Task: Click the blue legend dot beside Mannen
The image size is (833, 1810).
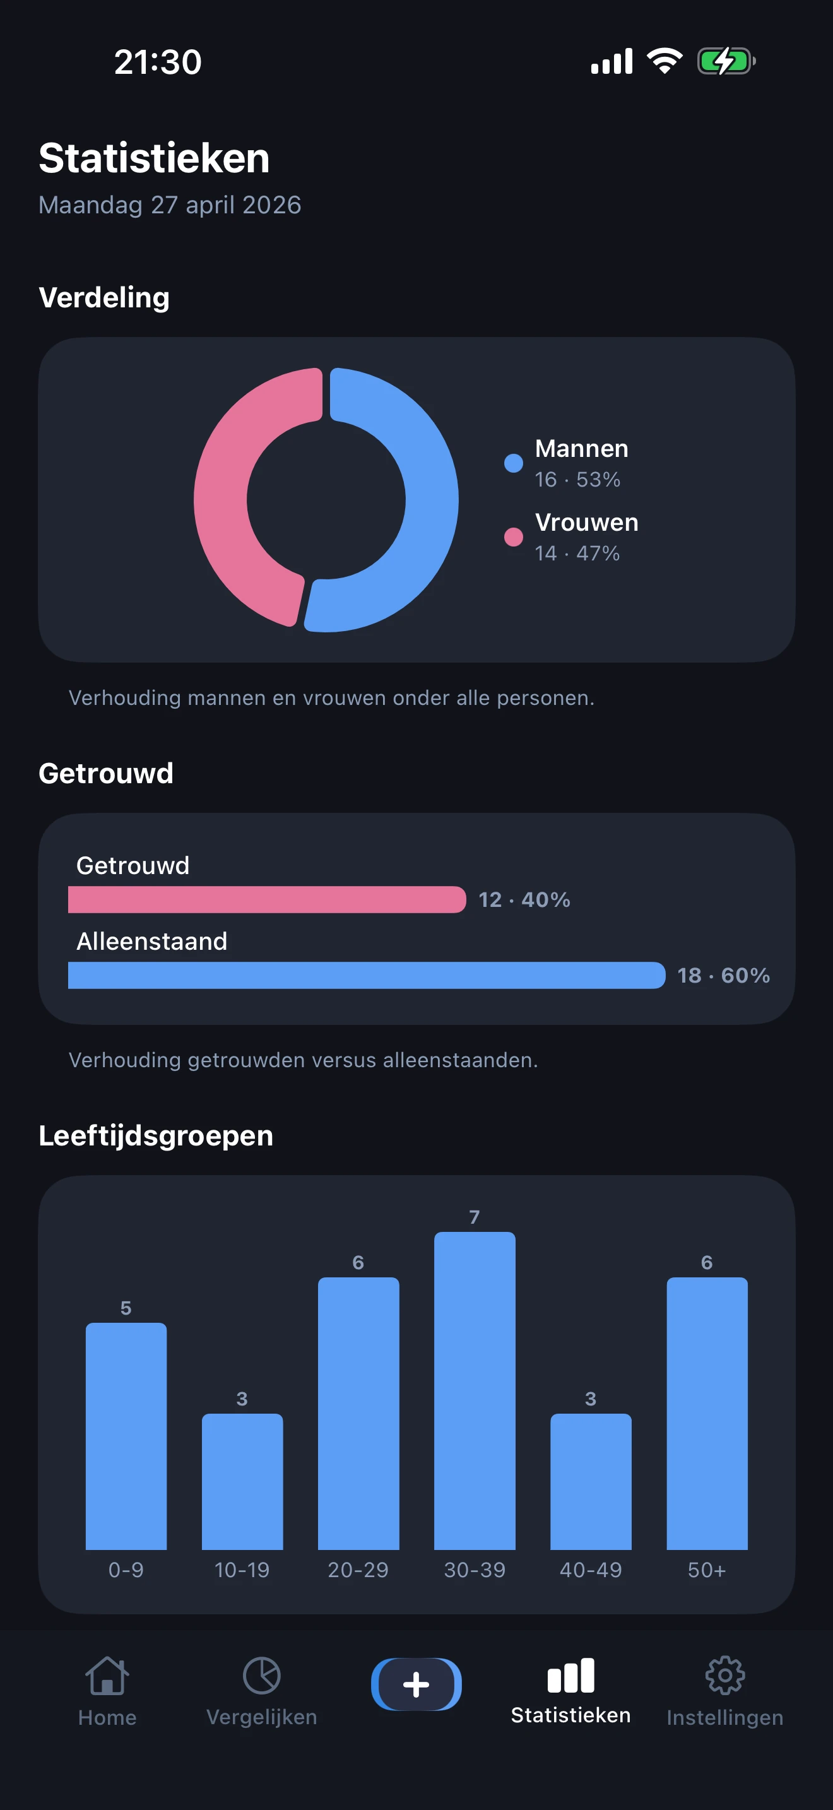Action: [514, 463]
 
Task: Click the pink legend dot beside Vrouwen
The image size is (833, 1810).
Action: [514, 537]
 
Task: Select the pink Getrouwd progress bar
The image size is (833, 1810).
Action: [267, 899]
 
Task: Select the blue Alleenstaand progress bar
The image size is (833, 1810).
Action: [366, 975]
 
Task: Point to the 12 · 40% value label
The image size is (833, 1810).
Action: [524, 899]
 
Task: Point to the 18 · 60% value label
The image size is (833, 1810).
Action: [723, 975]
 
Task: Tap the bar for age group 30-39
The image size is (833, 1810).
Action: [475, 1391]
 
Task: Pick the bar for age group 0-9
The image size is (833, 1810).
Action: [126, 1436]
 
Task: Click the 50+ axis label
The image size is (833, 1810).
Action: [707, 1570]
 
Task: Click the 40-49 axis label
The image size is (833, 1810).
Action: [591, 1570]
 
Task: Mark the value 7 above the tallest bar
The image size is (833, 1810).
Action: [475, 1217]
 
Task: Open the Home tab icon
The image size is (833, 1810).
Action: [107, 1676]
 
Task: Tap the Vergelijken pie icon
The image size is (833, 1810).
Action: [261, 1676]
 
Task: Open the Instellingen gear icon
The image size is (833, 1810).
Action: [725, 1676]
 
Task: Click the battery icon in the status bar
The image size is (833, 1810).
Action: [726, 61]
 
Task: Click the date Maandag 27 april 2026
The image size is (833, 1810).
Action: [170, 205]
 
